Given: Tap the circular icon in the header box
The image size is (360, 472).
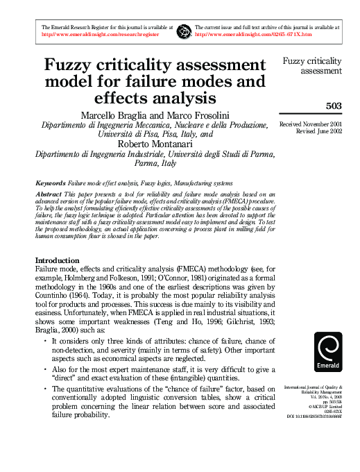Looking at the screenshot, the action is (x=185, y=30).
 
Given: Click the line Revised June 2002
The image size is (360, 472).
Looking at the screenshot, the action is (x=316, y=130).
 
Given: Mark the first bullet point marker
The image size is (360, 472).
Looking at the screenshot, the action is (x=45, y=342).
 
